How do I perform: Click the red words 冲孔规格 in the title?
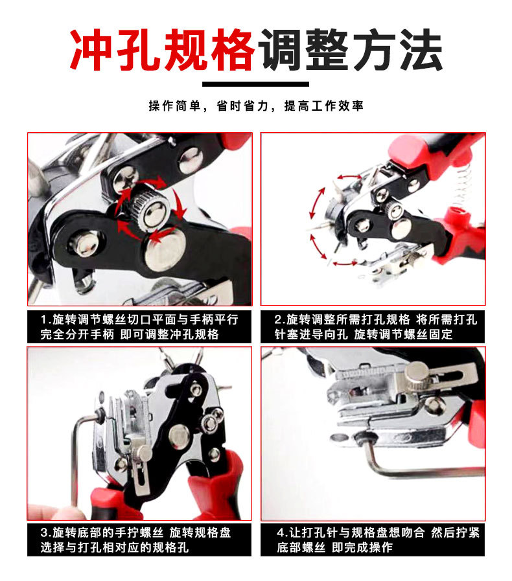pyautogui.click(x=162, y=50)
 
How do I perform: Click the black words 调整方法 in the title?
pyautogui.click(x=351, y=50)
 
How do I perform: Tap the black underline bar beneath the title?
pyautogui.click(x=255, y=84)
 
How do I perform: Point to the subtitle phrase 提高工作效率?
pyautogui.click(x=323, y=106)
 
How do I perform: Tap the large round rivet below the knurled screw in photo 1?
pyautogui.click(x=165, y=250)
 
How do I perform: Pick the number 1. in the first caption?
pyautogui.click(x=45, y=320)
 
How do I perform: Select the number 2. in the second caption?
pyautogui.click(x=279, y=320)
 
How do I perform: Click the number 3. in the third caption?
pyautogui.click(x=45, y=533)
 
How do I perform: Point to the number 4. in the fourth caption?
pyautogui.click(x=282, y=533)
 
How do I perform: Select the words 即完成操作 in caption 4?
pyautogui.click(x=362, y=547)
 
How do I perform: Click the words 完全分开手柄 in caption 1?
pyautogui.click(x=77, y=334)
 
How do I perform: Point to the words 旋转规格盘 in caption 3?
pyautogui.click(x=200, y=533)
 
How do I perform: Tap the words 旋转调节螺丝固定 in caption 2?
pyautogui.click(x=403, y=334)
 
